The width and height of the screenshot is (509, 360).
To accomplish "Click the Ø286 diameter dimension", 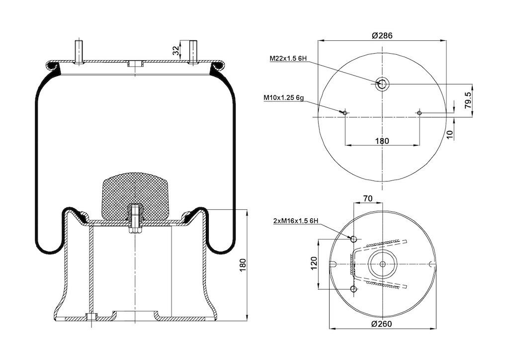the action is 382,35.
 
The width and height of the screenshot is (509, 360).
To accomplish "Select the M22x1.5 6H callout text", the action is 288,59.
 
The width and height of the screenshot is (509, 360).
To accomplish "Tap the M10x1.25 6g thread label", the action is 283,97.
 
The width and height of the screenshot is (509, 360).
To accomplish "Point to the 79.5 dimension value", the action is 468,99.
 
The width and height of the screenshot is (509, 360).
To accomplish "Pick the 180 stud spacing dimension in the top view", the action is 382,141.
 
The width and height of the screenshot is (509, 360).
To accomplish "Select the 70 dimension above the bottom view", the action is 368,199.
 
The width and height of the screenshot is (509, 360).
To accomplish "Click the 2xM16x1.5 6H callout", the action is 296,221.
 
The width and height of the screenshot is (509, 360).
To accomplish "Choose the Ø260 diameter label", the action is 382,324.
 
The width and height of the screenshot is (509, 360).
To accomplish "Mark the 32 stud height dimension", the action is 175,50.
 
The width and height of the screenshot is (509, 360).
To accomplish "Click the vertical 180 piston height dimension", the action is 243,266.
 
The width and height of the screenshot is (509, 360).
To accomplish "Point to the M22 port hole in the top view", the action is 382,84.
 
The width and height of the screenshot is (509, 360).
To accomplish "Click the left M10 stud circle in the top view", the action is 345,113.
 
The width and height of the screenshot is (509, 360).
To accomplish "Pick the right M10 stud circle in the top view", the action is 420,113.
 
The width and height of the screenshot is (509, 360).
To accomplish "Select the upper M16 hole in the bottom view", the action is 354,239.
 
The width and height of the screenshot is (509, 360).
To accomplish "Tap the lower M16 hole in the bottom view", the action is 354,289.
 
